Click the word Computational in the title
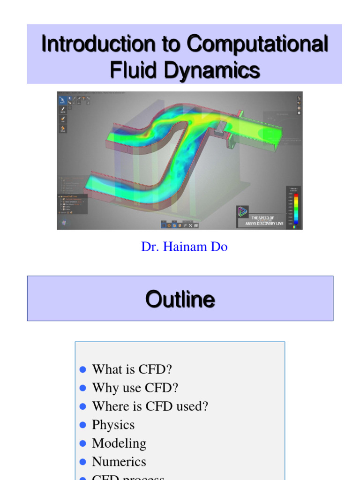(x=257, y=44)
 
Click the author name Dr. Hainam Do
(x=184, y=247)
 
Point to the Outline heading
(x=180, y=299)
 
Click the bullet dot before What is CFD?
(x=83, y=369)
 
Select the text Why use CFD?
(x=135, y=388)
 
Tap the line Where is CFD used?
(x=150, y=406)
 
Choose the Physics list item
(x=113, y=425)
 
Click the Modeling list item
(x=119, y=443)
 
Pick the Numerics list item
(x=119, y=462)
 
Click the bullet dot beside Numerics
(x=83, y=462)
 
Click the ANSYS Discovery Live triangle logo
(x=242, y=212)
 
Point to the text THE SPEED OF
(x=262, y=218)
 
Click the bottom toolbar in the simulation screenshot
(x=180, y=225)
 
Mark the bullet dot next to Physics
(x=83, y=425)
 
